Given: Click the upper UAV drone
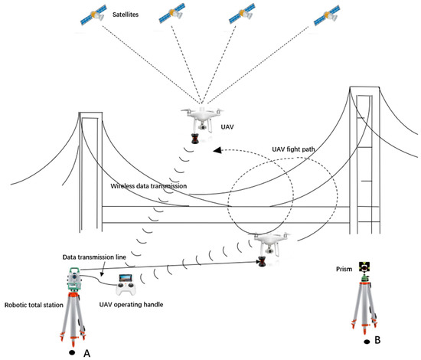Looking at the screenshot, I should (201, 120).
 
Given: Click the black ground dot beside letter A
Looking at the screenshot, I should (70, 352).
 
